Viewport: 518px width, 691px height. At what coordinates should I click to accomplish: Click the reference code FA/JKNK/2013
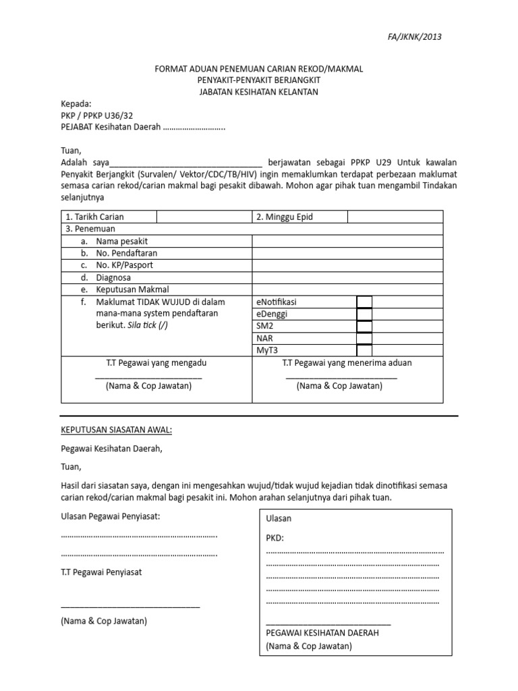click(x=415, y=36)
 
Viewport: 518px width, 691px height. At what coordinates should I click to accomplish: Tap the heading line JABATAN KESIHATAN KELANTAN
click(x=258, y=92)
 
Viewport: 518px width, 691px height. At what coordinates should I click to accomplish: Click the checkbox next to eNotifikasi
click(x=364, y=302)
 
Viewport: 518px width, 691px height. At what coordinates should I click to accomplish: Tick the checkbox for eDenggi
click(x=364, y=314)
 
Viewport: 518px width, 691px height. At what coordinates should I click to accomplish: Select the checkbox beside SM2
click(x=364, y=326)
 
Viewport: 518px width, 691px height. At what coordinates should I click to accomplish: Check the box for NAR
click(x=364, y=338)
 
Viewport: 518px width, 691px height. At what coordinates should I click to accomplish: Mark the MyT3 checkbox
click(x=364, y=350)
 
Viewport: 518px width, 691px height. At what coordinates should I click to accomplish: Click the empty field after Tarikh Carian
click(x=204, y=217)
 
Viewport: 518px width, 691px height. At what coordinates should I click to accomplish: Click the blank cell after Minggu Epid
click(x=395, y=217)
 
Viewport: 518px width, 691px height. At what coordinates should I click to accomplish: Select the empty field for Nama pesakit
click(x=347, y=241)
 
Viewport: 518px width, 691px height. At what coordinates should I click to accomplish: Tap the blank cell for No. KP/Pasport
click(x=347, y=265)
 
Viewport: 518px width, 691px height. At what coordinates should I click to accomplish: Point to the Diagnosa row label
click(x=113, y=277)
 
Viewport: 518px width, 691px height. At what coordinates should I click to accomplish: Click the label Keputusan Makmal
click(x=132, y=289)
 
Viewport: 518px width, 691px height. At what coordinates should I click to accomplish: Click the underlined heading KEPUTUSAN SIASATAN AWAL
click(x=116, y=430)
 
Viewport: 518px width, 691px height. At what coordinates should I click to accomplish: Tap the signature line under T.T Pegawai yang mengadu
click(x=148, y=377)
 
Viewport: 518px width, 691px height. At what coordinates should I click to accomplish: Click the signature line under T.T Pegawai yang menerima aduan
click(x=341, y=377)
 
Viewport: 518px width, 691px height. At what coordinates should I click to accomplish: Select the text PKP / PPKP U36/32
click(x=96, y=115)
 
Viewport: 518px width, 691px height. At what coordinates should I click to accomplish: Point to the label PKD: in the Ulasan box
click(x=275, y=538)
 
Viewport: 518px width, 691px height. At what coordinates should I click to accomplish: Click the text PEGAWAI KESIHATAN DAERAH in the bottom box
click(x=322, y=633)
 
